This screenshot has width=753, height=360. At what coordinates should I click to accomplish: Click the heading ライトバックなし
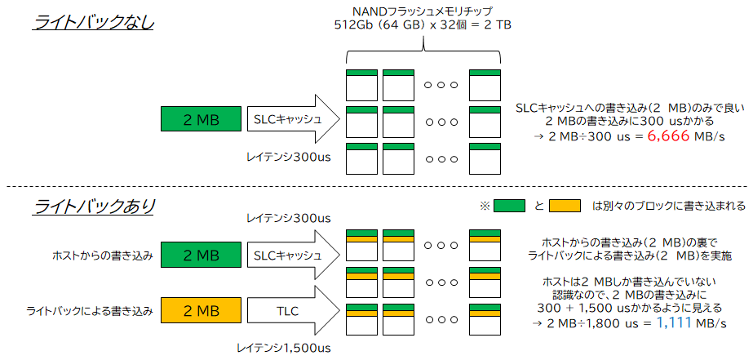click(x=94, y=23)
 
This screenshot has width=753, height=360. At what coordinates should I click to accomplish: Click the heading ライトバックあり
click(x=94, y=207)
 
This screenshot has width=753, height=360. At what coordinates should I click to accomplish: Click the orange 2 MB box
click(x=202, y=311)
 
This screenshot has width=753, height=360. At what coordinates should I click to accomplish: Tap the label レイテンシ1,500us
click(x=284, y=349)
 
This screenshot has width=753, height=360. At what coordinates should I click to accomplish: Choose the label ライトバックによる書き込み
click(x=91, y=311)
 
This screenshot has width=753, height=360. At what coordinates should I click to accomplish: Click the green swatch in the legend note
click(x=509, y=206)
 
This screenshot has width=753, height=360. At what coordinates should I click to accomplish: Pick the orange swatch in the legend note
click(x=565, y=206)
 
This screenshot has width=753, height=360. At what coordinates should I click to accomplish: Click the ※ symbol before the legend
click(x=484, y=206)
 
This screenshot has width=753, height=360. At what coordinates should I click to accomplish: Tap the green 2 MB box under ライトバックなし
click(x=202, y=120)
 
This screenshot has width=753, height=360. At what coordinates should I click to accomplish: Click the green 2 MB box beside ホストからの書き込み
click(x=202, y=256)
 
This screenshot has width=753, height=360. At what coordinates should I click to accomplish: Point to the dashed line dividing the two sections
click(x=376, y=185)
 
